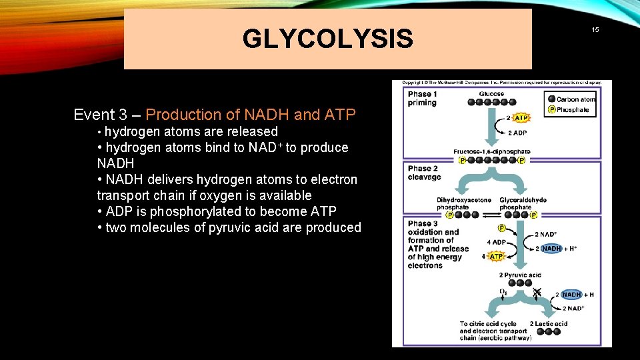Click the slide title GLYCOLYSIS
pyautogui.click(x=327, y=39)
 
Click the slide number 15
pyautogui.click(x=595, y=30)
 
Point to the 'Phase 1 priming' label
pyautogui.click(x=422, y=99)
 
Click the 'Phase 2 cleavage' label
pyautogui.click(x=424, y=173)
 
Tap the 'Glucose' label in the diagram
pyautogui.click(x=491, y=94)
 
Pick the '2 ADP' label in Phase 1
pyautogui.click(x=517, y=132)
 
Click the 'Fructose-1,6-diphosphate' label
pyautogui.click(x=491, y=152)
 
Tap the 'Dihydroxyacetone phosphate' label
pyautogui.click(x=464, y=203)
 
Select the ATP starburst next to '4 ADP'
pyautogui.click(x=496, y=256)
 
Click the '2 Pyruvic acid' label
pyautogui.click(x=520, y=275)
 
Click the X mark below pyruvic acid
pyautogui.click(x=537, y=292)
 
